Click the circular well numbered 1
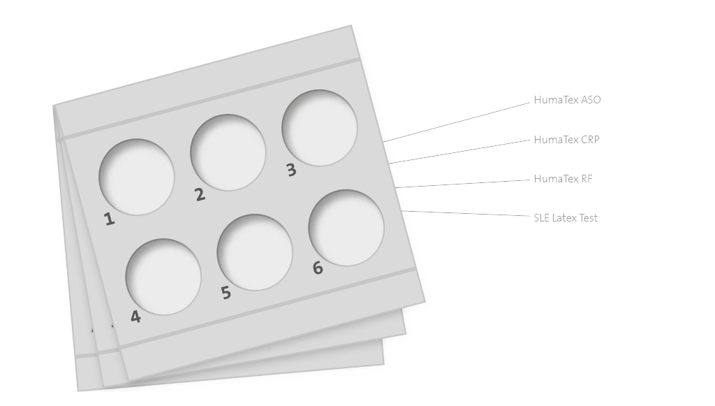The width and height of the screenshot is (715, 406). pyautogui.click(x=137, y=177)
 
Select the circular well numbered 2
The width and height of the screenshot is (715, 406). pyautogui.click(x=228, y=152)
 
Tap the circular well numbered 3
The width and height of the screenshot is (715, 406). pyautogui.click(x=320, y=128)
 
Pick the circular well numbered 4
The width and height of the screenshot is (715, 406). pyautogui.click(x=163, y=277)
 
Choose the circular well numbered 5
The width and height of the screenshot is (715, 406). pyautogui.click(x=255, y=252)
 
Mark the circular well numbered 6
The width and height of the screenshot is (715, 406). pyautogui.click(x=346, y=228)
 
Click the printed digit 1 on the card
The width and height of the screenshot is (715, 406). pyautogui.click(x=109, y=219)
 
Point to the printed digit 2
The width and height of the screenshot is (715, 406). pyautogui.click(x=200, y=195)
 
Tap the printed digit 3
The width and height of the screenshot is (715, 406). pyautogui.click(x=291, y=170)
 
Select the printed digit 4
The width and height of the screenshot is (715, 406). pyautogui.click(x=135, y=317)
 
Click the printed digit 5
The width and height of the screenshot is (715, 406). pyautogui.click(x=226, y=293)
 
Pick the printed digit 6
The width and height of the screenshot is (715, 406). pyautogui.click(x=318, y=268)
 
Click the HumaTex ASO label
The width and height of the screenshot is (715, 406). pyautogui.click(x=567, y=100)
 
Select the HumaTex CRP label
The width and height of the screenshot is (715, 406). pyautogui.click(x=566, y=140)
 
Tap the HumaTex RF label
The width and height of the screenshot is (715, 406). pyautogui.click(x=563, y=179)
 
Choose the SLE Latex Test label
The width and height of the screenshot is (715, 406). pyautogui.click(x=566, y=218)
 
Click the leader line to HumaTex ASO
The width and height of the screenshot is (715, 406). pyautogui.click(x=457, y=122)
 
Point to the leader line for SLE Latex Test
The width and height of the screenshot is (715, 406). pyautogui.click(x=466, y=213)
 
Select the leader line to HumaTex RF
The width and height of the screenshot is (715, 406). pyautogui.click(x=463, y=183)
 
